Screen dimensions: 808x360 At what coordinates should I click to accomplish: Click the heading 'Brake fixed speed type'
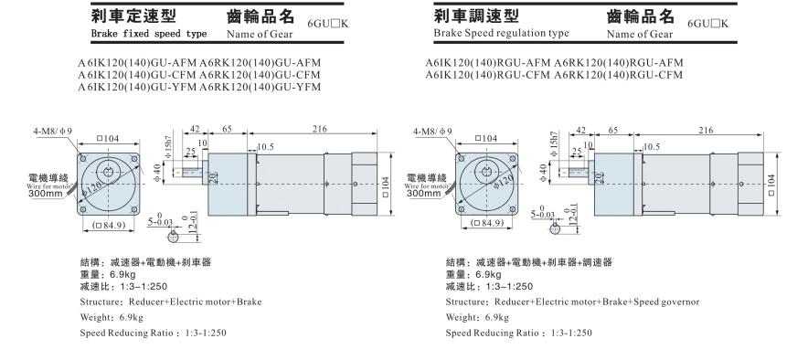[149, 34]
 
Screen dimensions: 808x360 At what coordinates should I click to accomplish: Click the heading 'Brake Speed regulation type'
[502, 33]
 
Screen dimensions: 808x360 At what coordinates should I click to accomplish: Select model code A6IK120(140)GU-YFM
[138, 87]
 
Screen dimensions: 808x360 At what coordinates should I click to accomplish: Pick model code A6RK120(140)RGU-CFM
[619, 75]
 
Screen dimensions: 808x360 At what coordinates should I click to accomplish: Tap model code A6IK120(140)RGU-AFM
[488, 63]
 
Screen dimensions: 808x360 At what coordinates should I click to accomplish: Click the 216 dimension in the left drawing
[320, 129]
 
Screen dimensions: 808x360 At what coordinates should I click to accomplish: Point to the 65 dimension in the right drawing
[613, 131]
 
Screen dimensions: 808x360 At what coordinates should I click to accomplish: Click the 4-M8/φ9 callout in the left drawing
[53, 132]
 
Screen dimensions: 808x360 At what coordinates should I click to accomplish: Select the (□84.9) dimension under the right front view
[486, 223]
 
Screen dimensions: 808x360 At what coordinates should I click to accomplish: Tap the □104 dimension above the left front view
[108, 138]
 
